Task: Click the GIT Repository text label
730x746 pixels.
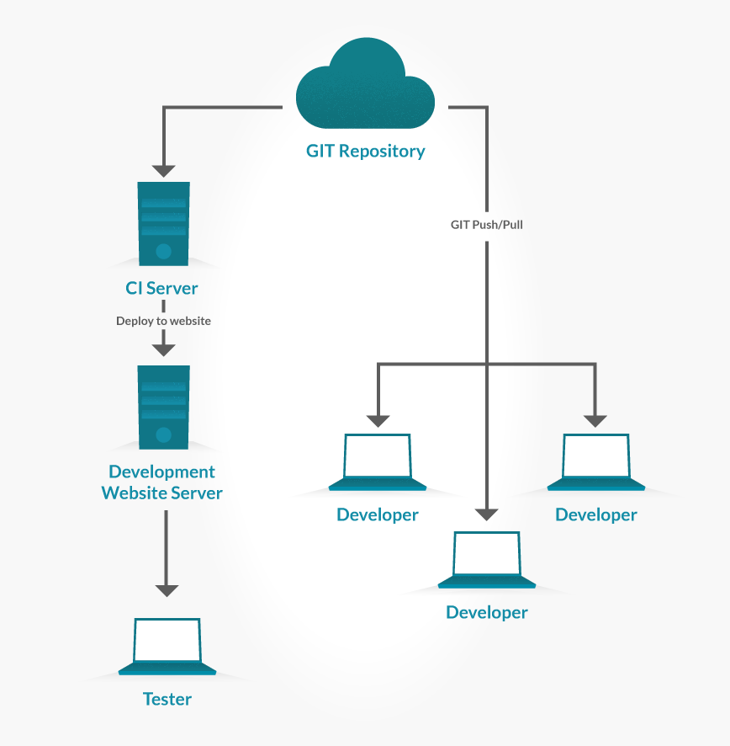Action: tap(365, 152)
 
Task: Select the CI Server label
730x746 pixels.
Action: tap(161, 288)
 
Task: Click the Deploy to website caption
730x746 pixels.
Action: tap(163, 321)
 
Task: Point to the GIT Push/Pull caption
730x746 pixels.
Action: tap(487, 225)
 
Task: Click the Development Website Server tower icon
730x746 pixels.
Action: tap(164, 407)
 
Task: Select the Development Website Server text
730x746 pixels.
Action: tap(162, 482)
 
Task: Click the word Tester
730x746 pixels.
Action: tap(167, 699)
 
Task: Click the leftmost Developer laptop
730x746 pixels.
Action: tap(378, 462)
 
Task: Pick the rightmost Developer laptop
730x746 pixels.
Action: tap(595, 462)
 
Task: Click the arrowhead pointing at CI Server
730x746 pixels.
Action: tap(164, 169)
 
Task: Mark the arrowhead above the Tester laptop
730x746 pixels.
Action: tap(167, 589)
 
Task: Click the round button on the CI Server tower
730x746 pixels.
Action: tap(164, 251)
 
